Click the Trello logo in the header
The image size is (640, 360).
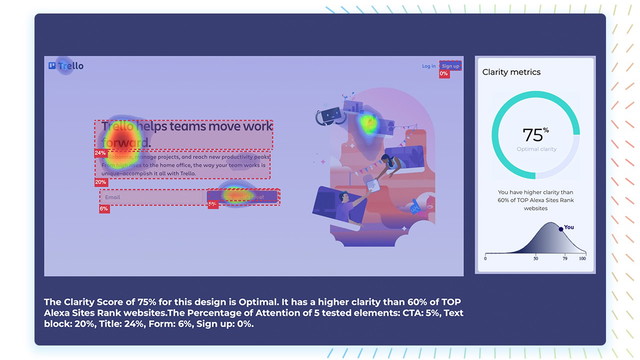pos(66,66)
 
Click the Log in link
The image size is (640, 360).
pos(428,66)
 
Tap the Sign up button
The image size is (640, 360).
pos(450,66)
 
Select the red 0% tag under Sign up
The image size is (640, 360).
pos(444,74)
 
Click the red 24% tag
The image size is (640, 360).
pos(100,153)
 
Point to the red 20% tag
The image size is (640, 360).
pos(100,182)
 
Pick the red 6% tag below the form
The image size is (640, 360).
pos(104,208)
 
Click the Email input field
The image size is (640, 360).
pos(150,197)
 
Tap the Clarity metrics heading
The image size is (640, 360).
pos(511,72)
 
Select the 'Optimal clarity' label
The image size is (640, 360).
pos(535,148)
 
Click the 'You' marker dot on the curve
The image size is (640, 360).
pos(560,229)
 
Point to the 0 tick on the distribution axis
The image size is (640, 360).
pos(486,258)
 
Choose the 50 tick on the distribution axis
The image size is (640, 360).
pos(535,258)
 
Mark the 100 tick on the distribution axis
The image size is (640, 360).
pos(582,258)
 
